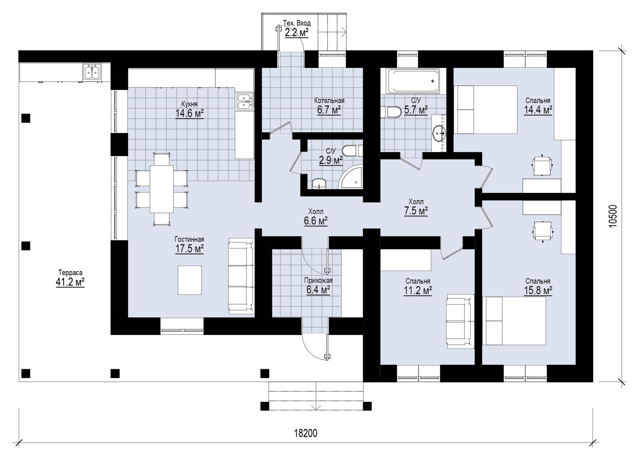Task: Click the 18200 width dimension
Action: point(306,434)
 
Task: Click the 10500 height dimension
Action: point(613,216)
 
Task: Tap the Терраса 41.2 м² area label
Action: point(70,278)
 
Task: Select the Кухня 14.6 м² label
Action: point(189,109)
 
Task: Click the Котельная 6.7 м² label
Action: point(329,105)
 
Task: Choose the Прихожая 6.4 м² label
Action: point(318,286)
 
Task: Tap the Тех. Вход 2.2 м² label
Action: point(297,28)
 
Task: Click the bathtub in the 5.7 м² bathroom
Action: point(413,81)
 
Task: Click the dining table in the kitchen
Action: point(162,189)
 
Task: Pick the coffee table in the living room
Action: point(190,280)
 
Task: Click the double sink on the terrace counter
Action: point(92,71)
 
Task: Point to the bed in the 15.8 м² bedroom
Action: point(514,321)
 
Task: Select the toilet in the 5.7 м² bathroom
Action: point(391,112)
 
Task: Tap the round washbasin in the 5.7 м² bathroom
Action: point(439,133)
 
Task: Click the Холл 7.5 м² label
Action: point(416,207)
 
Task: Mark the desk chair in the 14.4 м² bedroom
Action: point(542,166)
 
